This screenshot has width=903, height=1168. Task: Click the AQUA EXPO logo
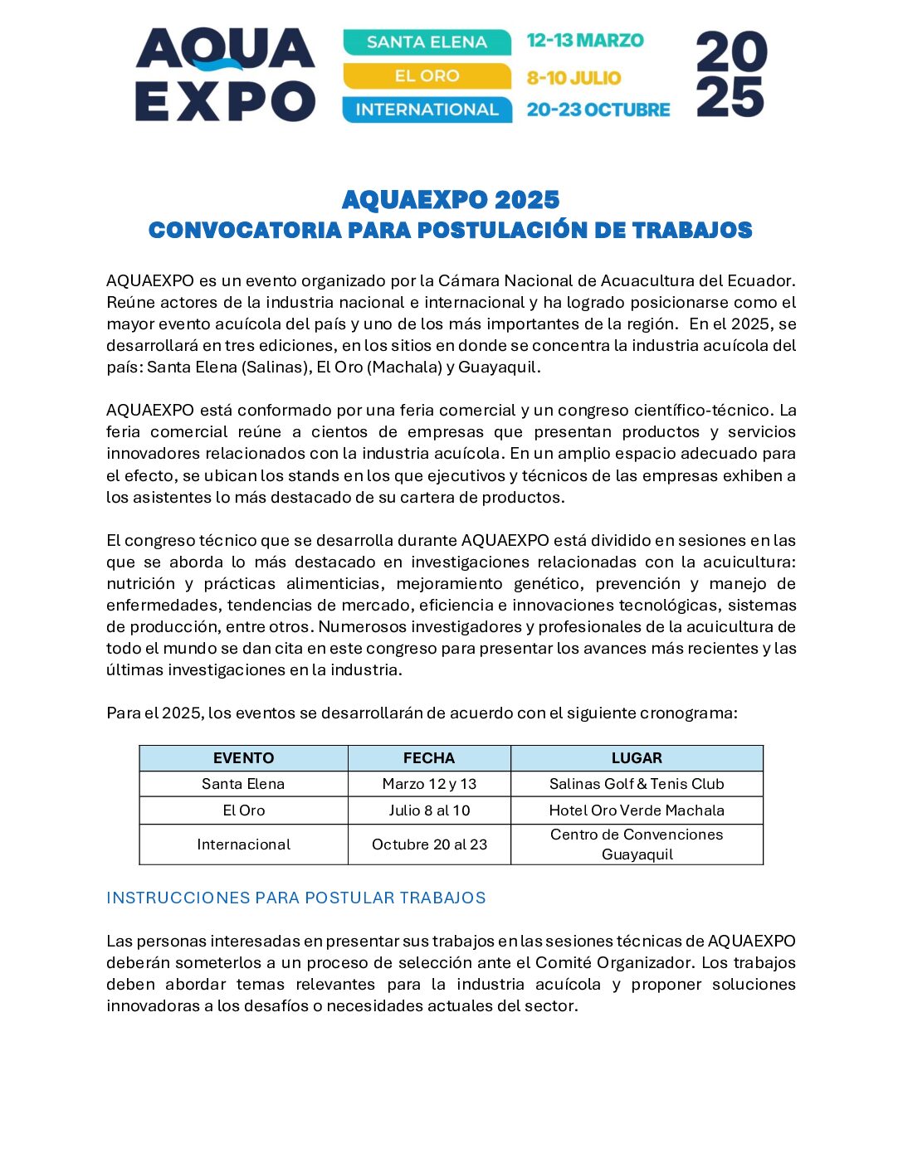pos(225,75)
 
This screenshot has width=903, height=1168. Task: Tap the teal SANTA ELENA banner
pos(427,42)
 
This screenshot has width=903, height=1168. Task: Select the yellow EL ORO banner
pos(427,76)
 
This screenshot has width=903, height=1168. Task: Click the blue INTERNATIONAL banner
pos(427,109)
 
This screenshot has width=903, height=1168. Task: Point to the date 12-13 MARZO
pos(585,41)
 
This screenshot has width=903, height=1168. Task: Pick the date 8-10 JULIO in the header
pos(574,78)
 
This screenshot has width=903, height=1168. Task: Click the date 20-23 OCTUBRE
pos(598,109)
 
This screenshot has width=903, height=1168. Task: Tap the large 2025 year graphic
pos(730,75)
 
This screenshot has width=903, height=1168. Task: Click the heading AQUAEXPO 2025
pos(451,200)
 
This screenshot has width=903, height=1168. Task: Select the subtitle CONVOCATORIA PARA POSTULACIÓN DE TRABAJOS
pos(451,231)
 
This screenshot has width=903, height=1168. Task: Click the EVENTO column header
pos(243,758)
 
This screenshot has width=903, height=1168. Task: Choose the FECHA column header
pos(428,758)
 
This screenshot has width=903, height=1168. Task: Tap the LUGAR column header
pos(637,758)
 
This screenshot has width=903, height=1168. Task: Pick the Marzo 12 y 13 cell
pos(429,784)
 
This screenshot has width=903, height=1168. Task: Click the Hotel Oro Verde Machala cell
pos(637,810)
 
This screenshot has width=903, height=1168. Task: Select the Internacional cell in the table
pos(243,844)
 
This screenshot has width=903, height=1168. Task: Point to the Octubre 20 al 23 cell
pos(429,844)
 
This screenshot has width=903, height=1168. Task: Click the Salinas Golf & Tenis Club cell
pos(637,784)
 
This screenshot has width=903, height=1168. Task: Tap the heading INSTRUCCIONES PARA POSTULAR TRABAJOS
pos(296,898)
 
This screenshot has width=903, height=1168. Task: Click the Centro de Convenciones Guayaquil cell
pos(637,844)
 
